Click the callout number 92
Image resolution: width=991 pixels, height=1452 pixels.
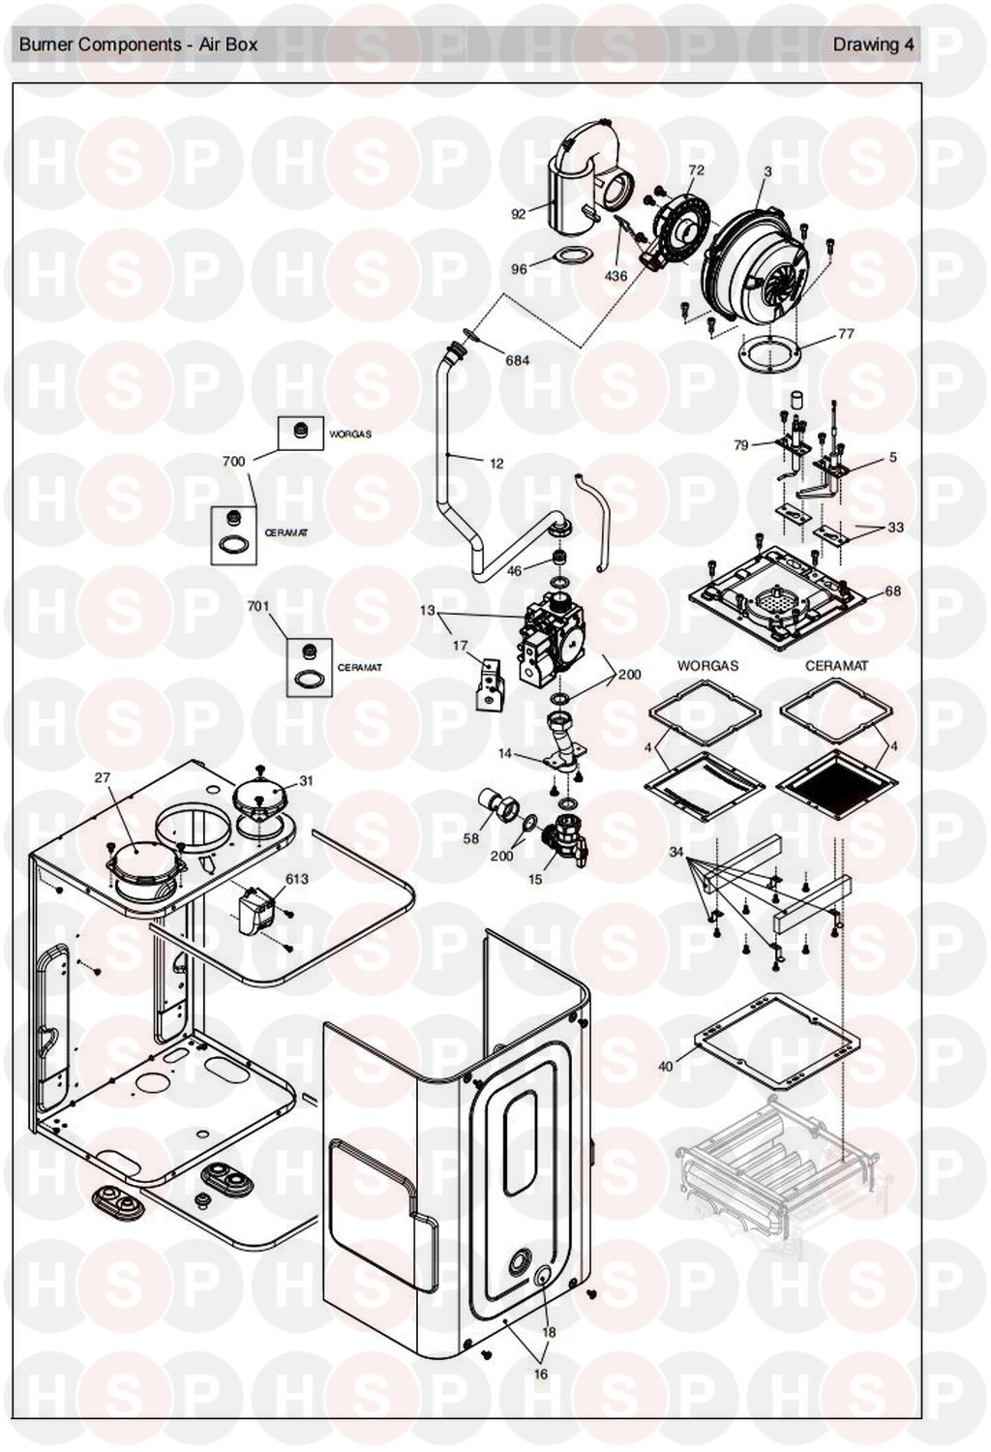click(519, 213)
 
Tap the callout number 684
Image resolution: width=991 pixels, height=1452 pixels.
click(517, 360)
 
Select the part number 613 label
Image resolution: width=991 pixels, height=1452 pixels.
click(296, 878)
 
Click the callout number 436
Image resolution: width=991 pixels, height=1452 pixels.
click(616, 276)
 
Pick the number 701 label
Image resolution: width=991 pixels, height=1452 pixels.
click(258, 606)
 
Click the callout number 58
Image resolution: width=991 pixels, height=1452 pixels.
click(470, 838)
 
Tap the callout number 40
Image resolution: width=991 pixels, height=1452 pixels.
click(666, 1067)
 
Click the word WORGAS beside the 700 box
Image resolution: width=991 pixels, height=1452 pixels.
click(350, 435)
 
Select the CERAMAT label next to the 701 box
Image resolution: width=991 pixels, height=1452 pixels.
click(360, 667)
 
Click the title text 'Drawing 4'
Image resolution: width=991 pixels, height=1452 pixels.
click(873, 45)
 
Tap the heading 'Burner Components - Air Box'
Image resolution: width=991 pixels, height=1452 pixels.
click(138, 45)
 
